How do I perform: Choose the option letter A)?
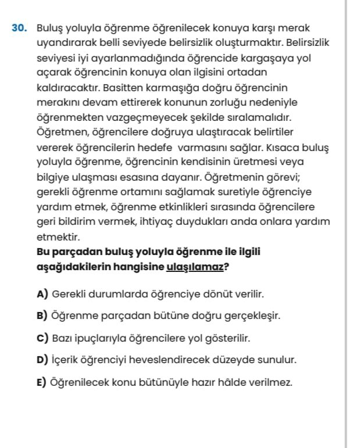coord(42,294)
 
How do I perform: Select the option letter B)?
coord(42,316)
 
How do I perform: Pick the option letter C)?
coord(42,338)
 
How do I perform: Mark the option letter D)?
coord(42,360)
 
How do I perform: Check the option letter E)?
coord(42,382)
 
